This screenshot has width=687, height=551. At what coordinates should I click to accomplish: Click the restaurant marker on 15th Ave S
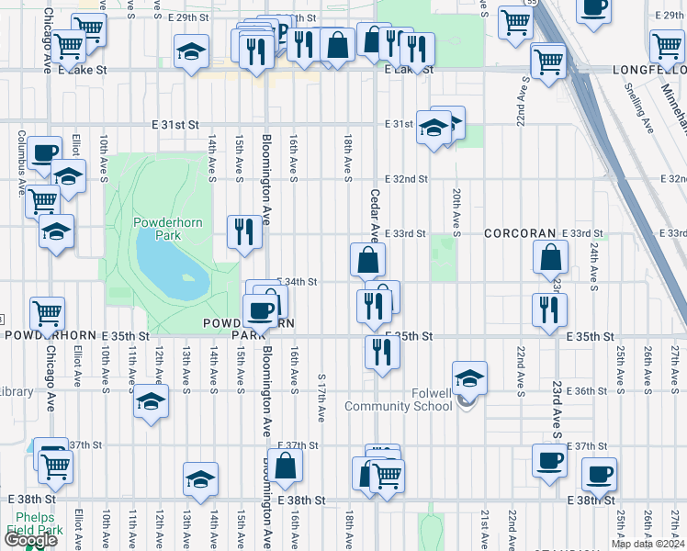click(x=244, y=232)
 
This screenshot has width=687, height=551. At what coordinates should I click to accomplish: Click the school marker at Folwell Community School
click(x=469, y=377)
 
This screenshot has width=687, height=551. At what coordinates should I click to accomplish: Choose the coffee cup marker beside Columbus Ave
click(x=44, y=152)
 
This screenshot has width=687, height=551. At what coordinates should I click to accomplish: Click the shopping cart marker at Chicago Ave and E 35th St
click(x=48, y=313)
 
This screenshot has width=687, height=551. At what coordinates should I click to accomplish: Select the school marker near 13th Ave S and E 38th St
click(x=200, y=479)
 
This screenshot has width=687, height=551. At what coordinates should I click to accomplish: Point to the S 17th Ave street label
click(x=321, y=397)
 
